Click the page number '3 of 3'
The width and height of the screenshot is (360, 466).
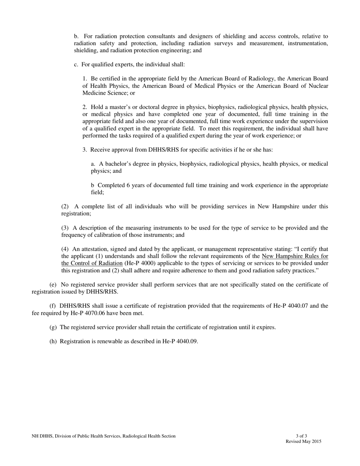302,436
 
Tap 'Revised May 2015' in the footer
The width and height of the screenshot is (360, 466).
303,441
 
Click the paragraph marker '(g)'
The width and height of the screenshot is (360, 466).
53,327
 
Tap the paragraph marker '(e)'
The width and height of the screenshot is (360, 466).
53,285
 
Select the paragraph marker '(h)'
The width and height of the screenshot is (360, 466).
53,341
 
